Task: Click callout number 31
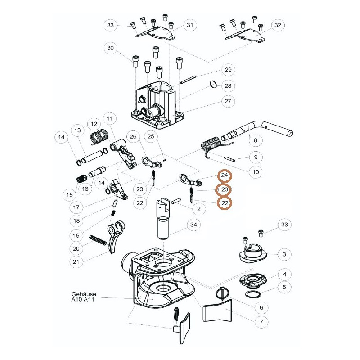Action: tap(190, 25)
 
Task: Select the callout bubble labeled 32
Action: tap(278, 25)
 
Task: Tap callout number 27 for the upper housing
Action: tap(228, 101)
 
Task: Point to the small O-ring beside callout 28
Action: tap(213, 84)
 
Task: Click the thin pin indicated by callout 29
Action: tap(188, 80)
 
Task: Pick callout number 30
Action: tap(110, 48)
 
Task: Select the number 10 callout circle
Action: tap(256, 172)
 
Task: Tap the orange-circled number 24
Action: tap(225, 175)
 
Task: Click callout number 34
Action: tap(193, 225)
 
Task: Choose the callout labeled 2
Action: tap(199, 209)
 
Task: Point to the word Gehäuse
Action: tap(84, 294)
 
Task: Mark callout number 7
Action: tap(261, 322)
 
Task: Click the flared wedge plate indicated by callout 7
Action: tap(217, 310)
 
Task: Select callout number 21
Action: tap(76, 262)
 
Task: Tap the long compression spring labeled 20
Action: tap(98, 240)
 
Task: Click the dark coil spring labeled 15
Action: tap(81, 178)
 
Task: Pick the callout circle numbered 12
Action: tap(94, 124)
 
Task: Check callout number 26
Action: tap(133, 137)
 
